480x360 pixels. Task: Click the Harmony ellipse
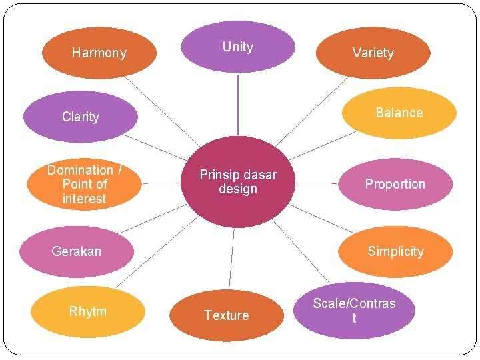pos(99,53)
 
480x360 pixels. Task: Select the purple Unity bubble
pos(238,47)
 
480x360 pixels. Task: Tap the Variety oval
pos(373,53)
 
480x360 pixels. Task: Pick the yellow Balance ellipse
pos(399,113)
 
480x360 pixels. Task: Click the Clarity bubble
pos(80,117)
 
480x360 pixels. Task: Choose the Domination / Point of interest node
pos(85,184)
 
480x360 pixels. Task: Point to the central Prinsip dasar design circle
pos(238,182)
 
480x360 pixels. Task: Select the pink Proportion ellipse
pos(395,184)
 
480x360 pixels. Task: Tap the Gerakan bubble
pos(77,251)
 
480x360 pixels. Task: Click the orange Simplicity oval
pos(395,251)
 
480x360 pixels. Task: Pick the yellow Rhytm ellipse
pos(87,311)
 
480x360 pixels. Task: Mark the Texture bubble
pos(226,315)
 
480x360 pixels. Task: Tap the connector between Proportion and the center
pos(316,183)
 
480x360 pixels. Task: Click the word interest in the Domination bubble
pos(85,199)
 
